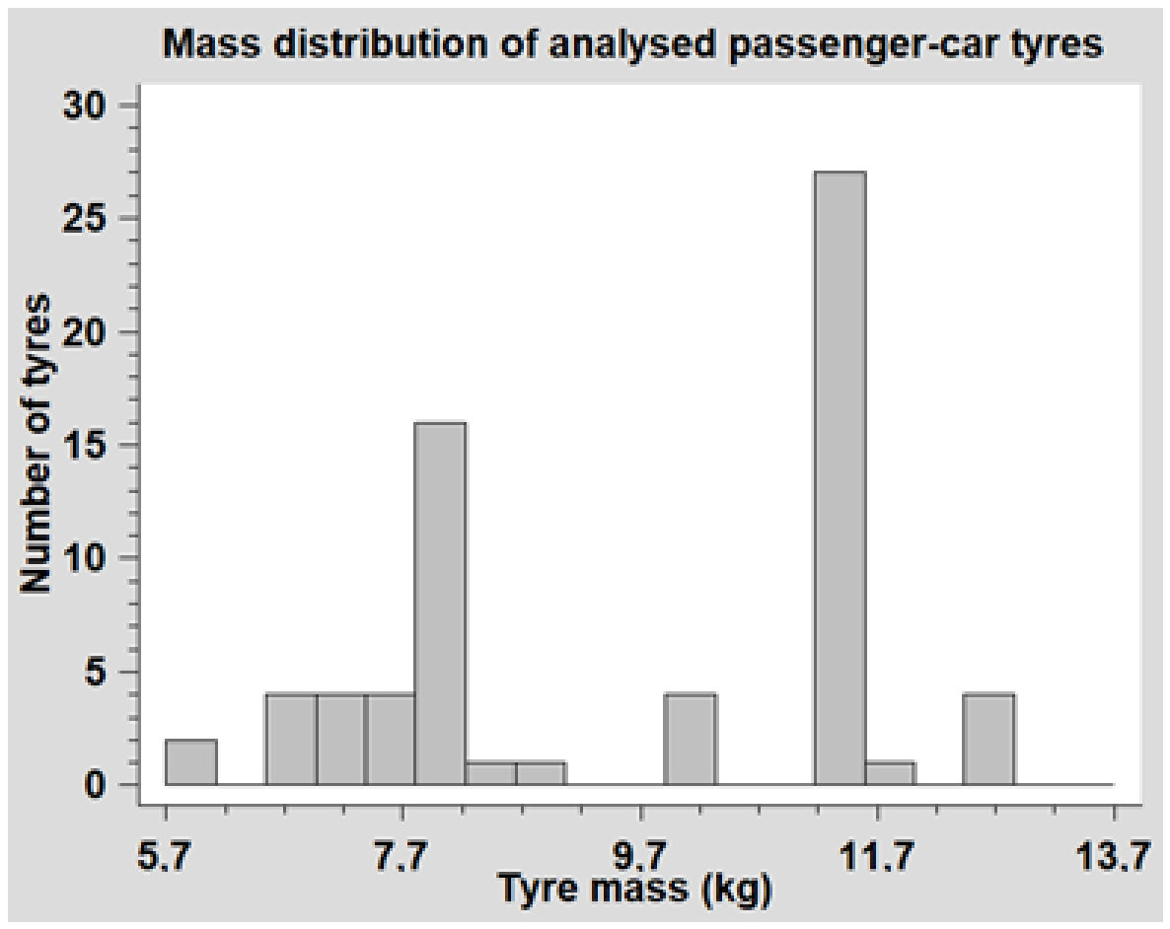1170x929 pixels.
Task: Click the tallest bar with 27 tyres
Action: tap(841, 477)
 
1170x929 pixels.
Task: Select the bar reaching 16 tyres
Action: tap(440, 604)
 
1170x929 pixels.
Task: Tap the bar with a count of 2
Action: tap(191, 762)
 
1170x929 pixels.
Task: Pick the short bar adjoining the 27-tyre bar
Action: tap(890, 773)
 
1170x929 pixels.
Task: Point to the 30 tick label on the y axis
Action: tap(88, 107)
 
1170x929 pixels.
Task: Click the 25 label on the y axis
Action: tap(88, 219)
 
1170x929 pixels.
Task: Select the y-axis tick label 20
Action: tap(88, 332)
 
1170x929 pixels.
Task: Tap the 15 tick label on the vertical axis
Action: tap(88, 446)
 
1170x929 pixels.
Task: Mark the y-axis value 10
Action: tap(88, 559)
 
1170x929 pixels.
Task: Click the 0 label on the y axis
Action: tap(100, 786)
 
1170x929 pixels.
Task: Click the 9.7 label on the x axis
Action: tap(639, 857)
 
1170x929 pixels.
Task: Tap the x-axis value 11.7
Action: tap(876, 857)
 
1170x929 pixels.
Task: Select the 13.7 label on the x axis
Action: tap(1114, 857)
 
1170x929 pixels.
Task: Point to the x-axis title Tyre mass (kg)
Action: tap(634, 891)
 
